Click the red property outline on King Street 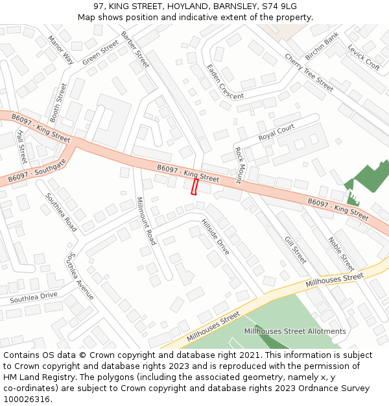point(194,186)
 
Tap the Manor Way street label point(60,50)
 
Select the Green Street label point(100,53)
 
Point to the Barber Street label point(136,49)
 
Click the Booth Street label point(58,103)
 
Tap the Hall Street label point(21,146)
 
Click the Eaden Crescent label point(224,82)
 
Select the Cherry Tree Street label point(309,72)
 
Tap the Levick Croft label point(363,57)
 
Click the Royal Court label point(276,133)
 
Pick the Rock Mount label point(238,165)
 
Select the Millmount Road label point(147,221)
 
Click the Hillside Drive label point(215,236)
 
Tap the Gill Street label point(295,250)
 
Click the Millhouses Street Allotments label point(295,331)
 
